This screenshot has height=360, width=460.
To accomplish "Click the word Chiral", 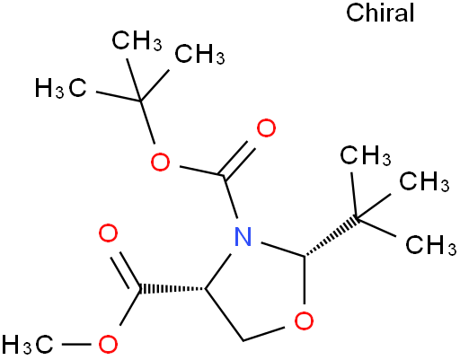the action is click(380, 13).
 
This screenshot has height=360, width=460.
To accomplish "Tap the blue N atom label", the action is click(243, 236).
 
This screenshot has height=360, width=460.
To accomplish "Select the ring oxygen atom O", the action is click(304, 320).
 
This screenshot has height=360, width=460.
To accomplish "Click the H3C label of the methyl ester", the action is click(28, 345).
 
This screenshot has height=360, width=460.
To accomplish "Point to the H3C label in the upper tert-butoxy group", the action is click(61, 88).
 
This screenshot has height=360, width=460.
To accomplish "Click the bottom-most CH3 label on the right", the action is click(431, 245).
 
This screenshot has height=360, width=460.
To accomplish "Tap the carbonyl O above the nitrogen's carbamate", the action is click(266, 128).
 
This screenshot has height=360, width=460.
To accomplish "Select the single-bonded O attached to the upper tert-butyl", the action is click(160, 162).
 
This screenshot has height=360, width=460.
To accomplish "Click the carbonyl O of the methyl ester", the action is click(108, 233).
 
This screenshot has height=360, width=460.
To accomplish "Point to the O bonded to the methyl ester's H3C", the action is click(108, 345).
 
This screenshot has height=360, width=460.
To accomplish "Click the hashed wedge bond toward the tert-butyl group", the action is click(331, 238).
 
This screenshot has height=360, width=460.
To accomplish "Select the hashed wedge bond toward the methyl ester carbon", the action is click(172, 289).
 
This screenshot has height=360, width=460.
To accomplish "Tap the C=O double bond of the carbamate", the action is click(238, 159).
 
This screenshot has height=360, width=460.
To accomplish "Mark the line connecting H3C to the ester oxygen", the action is click(76, 345).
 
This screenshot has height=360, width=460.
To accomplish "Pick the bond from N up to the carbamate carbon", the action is click(231, 198).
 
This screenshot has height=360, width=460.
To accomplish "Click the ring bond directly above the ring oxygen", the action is click(305, 280).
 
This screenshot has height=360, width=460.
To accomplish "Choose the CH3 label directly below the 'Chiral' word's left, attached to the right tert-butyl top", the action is click(366, 156).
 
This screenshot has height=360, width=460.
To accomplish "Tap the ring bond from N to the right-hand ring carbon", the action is click(282, 249).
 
